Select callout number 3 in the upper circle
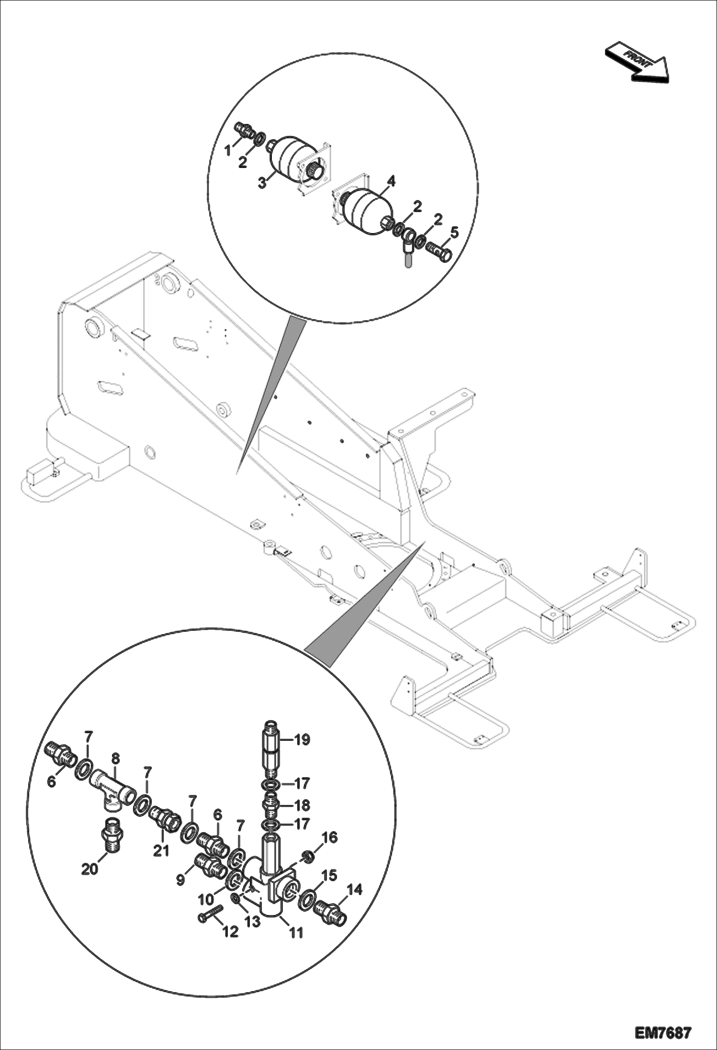click(x=262, y=182)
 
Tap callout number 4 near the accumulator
click(x=391, y=181)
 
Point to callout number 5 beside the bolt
click(x=453, y=233)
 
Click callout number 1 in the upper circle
click(x=228, y=151)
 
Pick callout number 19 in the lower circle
click(x=302, y=740)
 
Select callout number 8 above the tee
click(x=115, y=759)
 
